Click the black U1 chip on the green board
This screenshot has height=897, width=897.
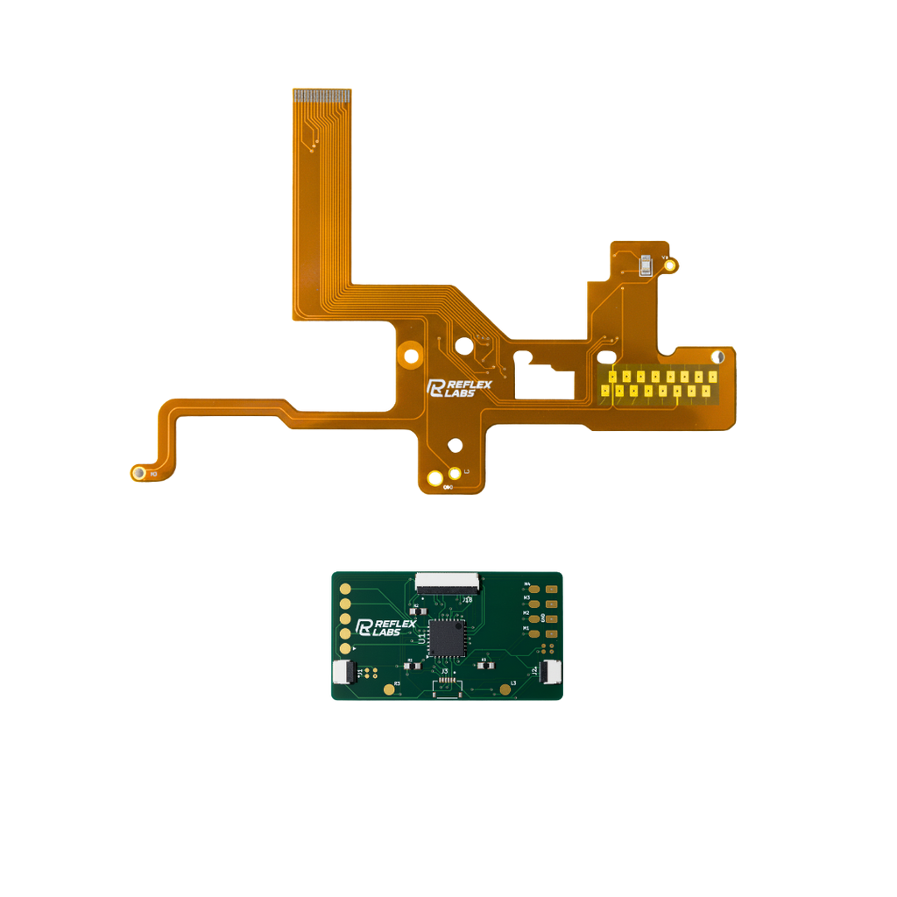(448, 637)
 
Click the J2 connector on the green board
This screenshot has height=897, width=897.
(551, 673)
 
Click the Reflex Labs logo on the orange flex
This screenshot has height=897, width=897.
(459, 388)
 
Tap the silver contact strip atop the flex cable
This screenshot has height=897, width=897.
(321, 93)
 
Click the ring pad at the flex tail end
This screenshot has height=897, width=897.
(138, 473)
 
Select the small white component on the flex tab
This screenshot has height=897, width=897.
(646, 264)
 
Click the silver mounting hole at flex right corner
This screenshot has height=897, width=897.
(718, 357)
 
